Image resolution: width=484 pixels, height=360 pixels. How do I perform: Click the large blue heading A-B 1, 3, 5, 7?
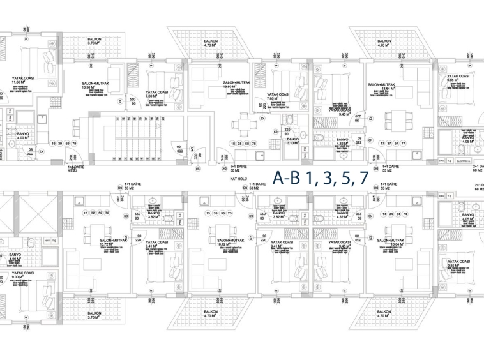320,177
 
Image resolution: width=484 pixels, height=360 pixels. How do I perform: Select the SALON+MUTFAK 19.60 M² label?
235,86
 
